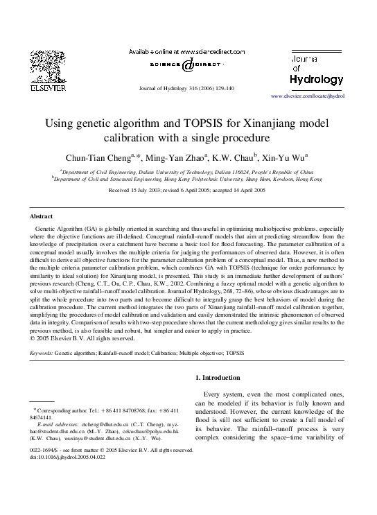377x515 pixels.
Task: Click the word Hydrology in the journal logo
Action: coord(315,78)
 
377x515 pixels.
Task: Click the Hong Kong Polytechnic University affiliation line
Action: coord(188,178)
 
